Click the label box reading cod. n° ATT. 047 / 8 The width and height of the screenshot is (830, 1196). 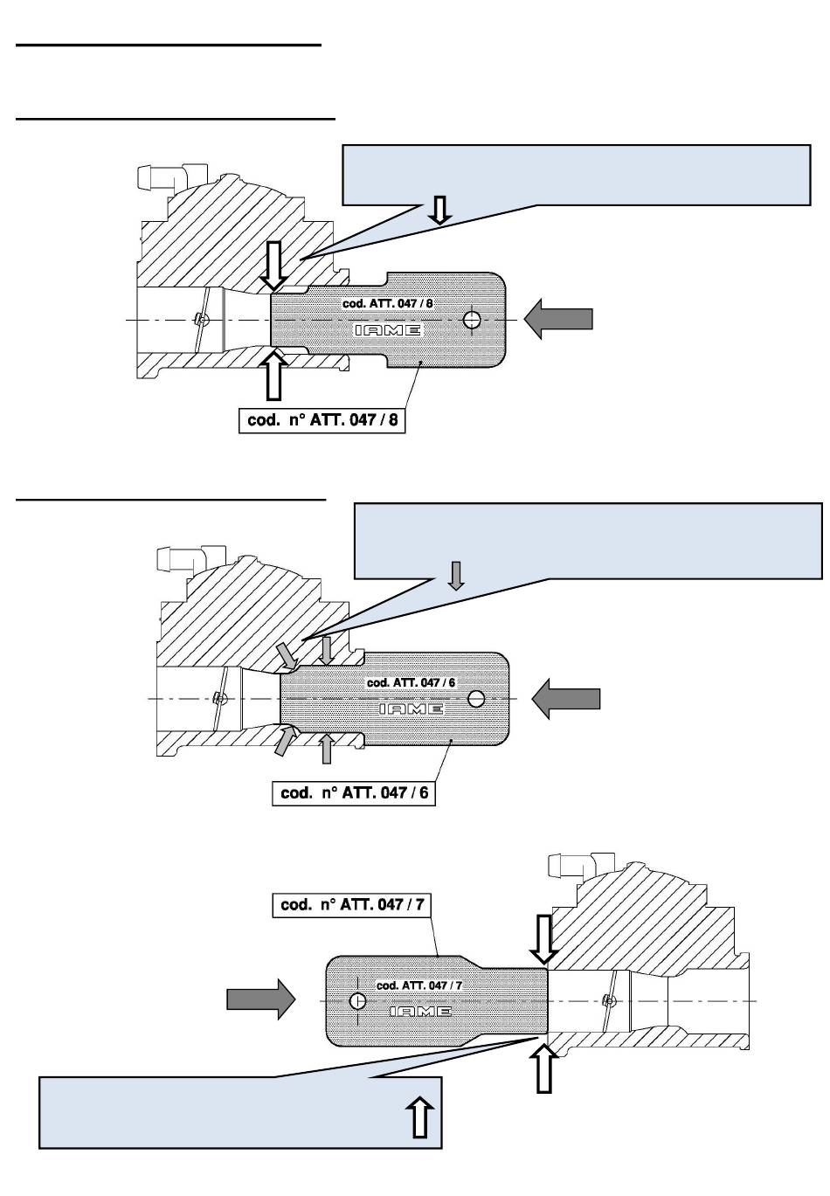323,420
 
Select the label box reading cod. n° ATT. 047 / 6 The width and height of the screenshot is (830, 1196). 354,793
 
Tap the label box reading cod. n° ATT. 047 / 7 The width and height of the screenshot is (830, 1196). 353,905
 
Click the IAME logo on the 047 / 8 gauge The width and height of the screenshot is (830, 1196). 388,330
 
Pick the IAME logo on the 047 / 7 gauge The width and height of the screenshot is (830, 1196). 420,1012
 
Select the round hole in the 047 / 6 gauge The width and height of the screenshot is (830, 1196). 476,698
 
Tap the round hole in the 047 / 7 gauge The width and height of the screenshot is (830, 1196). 356,1000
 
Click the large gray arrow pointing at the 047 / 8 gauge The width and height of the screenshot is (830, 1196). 558,318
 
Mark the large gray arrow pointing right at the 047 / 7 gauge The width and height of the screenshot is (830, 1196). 261,998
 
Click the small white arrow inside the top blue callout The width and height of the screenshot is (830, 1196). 440,209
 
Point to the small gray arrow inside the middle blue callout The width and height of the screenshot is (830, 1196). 455,575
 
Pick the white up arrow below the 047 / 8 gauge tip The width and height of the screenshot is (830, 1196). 274,374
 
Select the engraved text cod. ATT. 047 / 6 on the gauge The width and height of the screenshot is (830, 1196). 411,682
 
